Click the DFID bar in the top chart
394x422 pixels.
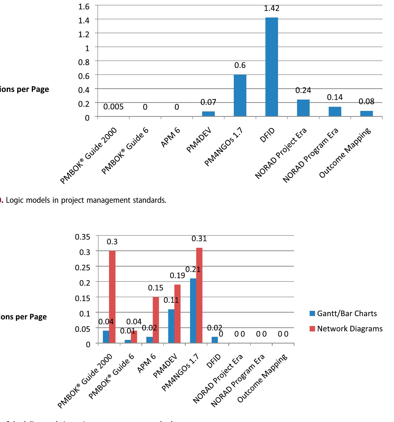tap(272, 67)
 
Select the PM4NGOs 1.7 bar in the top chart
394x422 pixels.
tap(240, 95)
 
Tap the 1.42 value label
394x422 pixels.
tap(272, 8)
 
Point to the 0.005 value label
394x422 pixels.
tap(113, 107)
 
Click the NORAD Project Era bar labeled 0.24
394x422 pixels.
tap(303, 108)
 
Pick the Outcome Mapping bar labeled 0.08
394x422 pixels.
tap(366, 113)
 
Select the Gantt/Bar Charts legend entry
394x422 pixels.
tap(343, 313)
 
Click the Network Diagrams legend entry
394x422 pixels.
tap(346, 329)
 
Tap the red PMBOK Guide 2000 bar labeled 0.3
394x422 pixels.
tap(112, 297)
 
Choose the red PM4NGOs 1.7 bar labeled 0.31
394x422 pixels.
tap(199, 295)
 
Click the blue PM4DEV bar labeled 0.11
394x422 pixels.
tap(171, 326)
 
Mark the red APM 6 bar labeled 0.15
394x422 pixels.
tap(156, 320)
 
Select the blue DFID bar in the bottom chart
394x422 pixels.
tap(214, 340)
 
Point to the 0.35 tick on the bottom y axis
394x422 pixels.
tap(83, 237)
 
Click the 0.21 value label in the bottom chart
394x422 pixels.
tap(193, 269)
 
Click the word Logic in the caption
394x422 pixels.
tap(12, 200)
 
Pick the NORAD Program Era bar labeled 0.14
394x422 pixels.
tap(335, 111)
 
